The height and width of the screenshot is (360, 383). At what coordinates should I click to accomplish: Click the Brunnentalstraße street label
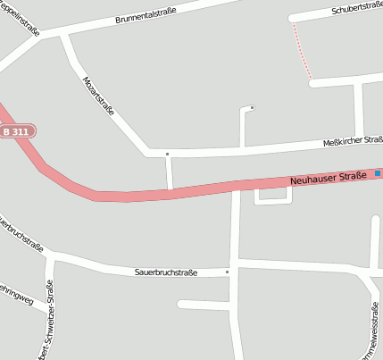(146, 15)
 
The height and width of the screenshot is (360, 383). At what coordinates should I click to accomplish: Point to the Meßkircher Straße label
(353, 141)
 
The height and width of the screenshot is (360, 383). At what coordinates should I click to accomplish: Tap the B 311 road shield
(16, 131)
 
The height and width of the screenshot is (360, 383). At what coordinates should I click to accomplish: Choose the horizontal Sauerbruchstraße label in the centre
(165, 272)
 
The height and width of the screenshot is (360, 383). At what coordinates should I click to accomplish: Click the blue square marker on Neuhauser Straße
(378, 173)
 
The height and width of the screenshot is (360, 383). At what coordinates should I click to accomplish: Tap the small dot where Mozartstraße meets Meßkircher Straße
(167, 154)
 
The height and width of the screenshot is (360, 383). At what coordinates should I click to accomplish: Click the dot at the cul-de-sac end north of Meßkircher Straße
(252, 108)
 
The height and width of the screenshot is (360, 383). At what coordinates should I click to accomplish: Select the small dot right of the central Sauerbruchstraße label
(227, 271)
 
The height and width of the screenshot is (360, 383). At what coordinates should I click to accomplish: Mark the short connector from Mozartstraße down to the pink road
(169, 172)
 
